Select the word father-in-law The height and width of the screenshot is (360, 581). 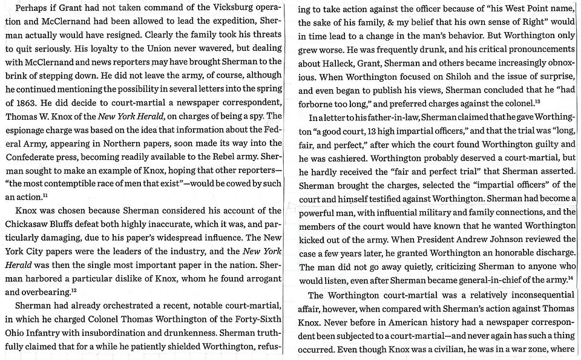point(387,116)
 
